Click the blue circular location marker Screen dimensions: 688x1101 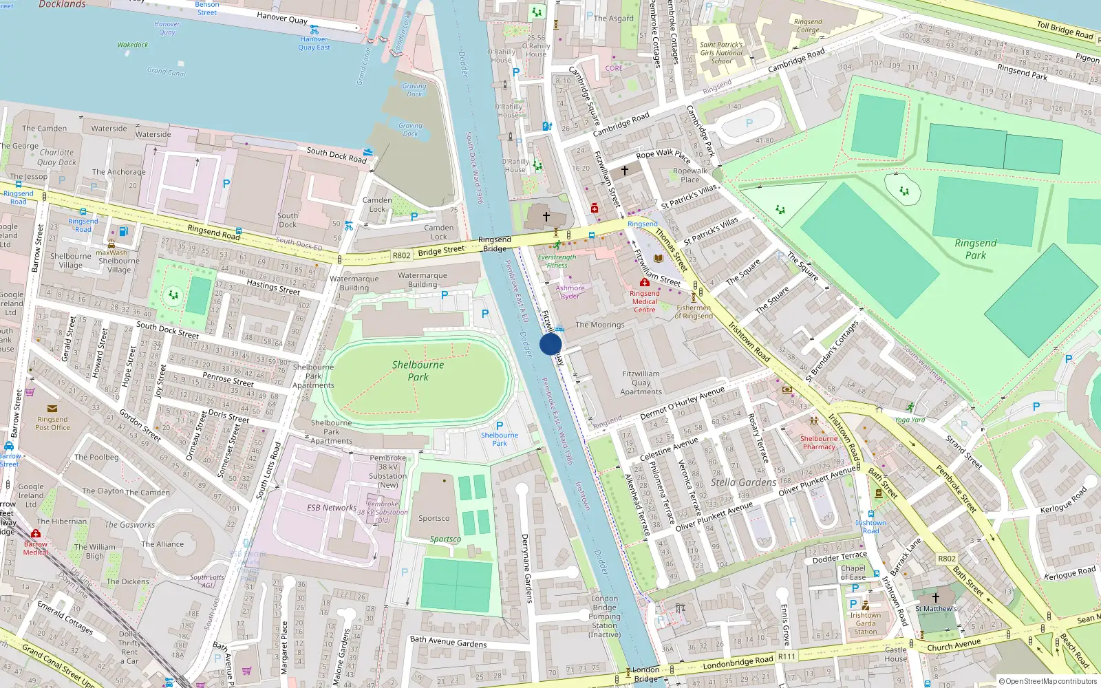[550, 344]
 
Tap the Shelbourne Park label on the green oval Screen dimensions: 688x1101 [418, 371]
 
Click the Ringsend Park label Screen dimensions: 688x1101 [975, 249]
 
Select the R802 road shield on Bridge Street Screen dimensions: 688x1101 [401, 255]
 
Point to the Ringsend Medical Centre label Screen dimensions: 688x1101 [644, 301]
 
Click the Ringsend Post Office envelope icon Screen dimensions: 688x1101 [52, 409]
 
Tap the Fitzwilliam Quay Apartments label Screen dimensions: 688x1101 [641, 383]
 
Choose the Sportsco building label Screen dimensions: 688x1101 [434, 519]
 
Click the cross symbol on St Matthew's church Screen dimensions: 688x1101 [935, 598]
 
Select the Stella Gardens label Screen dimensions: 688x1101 [743, 482]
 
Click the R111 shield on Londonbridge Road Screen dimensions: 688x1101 [787, 656]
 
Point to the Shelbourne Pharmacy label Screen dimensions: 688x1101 [819, 442]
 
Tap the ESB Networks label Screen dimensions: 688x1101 [332, 508]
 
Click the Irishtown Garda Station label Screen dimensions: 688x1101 [865, 623]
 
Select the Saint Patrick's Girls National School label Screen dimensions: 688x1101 [721, 53]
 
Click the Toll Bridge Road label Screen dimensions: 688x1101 [1065, 30]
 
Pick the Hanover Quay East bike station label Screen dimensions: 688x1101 [314, 43]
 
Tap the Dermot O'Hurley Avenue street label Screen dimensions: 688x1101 [682, 403]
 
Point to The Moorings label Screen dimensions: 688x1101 [599, 325]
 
